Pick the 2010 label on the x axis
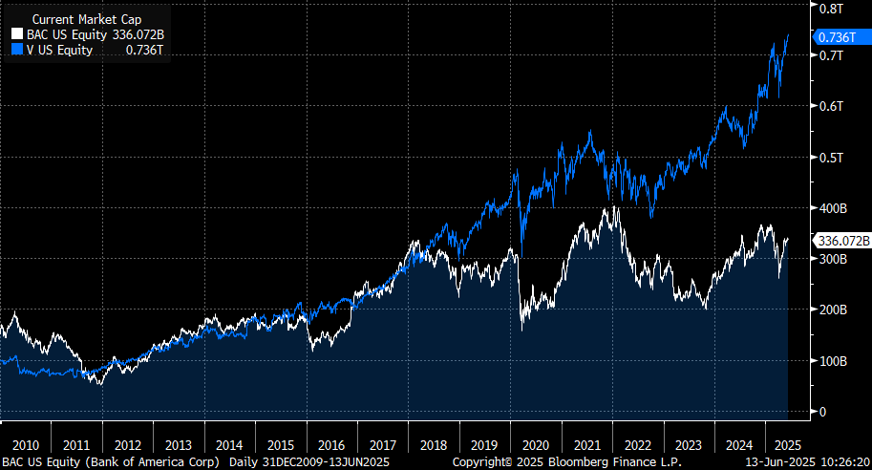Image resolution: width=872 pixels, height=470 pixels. (25, 445)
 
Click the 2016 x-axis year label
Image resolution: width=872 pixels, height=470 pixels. (330, 445)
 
